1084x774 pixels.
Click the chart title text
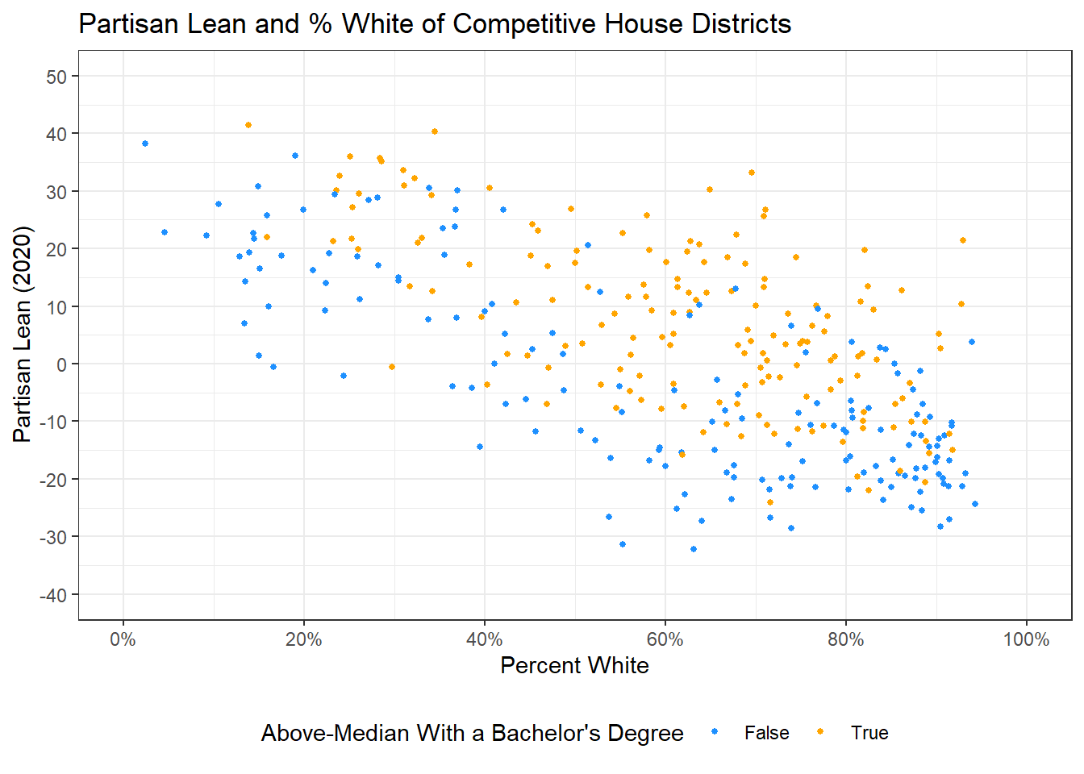tap(435, 24)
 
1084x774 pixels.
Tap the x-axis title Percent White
tap(574, 665)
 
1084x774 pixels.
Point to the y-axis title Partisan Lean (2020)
tap(23, 335)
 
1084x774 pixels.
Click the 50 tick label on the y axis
tap(56, 77)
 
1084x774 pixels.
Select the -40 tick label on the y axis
tap(53, 595)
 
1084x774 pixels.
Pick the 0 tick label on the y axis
tap(61, 364)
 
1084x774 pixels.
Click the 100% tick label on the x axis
tap(1026, 640)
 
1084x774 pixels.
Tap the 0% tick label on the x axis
tap(123, 640)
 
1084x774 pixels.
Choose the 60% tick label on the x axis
tap(665, 640)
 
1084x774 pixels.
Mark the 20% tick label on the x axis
tap(304, 640)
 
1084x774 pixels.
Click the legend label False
tap(766, 733)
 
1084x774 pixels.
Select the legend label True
tap(869, 733)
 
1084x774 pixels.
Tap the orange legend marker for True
tap(821, 732)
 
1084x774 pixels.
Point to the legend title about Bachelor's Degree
tap(472, 733)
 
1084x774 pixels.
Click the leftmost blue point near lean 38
tap(145, 144)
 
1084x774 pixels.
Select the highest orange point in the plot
tap(248, 125)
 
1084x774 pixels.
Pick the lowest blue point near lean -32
tap(694, 549)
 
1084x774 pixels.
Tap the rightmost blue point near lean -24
tap(975, 504)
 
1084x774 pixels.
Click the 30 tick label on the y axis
tap(56, 192)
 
